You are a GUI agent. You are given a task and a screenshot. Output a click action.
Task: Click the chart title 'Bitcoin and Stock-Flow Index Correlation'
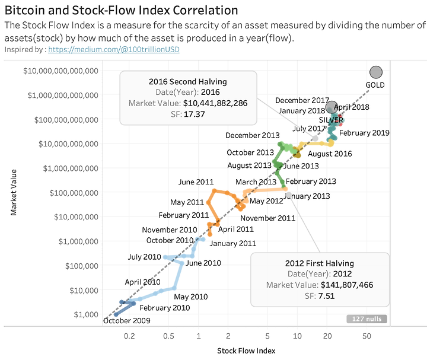(x=122, y=11)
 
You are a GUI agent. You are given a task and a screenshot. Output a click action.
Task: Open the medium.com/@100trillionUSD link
(x=114, y=49)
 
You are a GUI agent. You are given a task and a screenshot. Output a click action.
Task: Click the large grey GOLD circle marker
(x=375, y=72)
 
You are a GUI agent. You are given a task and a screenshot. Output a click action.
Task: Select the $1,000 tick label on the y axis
(x=84, y=314)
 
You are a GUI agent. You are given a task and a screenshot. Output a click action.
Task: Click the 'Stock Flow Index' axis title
(x=246, y=351)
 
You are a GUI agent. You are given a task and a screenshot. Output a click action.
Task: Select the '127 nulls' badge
(x=367, y=319)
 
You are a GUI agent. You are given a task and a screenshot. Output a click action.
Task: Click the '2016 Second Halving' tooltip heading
(x=188, y=81)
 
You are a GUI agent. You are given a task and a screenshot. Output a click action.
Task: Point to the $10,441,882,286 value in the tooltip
(x=215, y=103)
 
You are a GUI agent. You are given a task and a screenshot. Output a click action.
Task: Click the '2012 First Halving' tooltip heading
(x=320, y=263)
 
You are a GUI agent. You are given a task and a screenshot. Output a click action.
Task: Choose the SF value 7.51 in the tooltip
(x=327, y=295)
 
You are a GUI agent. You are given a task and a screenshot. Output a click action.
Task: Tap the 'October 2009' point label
(x=126, y=321)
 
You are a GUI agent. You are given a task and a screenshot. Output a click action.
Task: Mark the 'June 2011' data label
(x=196, y=182)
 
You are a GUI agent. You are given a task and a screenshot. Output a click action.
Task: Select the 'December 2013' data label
(x=253, y=135)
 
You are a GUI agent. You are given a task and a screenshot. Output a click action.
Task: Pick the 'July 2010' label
(x=145, y=257)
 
